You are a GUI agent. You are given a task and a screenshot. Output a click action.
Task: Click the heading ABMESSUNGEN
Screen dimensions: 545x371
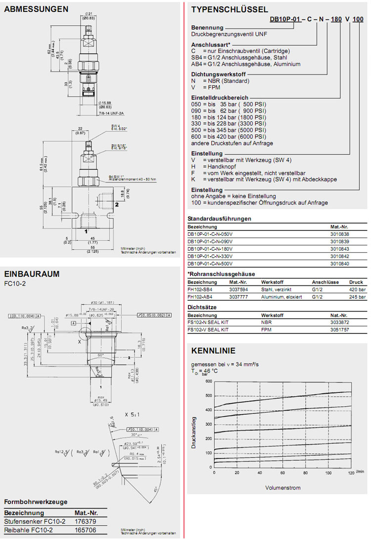36,9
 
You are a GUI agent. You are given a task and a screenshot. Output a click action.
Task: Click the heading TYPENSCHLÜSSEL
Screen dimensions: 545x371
230,9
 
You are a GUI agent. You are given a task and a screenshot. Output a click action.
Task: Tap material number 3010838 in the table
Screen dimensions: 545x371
340,233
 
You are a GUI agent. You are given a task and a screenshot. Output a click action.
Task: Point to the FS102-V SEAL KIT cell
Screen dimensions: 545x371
208,329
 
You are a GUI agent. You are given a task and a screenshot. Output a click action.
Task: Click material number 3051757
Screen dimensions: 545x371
340,329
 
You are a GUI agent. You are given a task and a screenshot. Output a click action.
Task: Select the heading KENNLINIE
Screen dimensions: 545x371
213,351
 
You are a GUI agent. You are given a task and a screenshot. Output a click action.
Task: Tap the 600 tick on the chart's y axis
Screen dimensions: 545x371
208,381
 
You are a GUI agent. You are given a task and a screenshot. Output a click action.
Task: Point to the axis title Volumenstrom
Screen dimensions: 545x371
283,488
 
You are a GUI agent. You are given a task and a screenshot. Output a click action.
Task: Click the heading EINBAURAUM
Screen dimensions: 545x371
32,274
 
